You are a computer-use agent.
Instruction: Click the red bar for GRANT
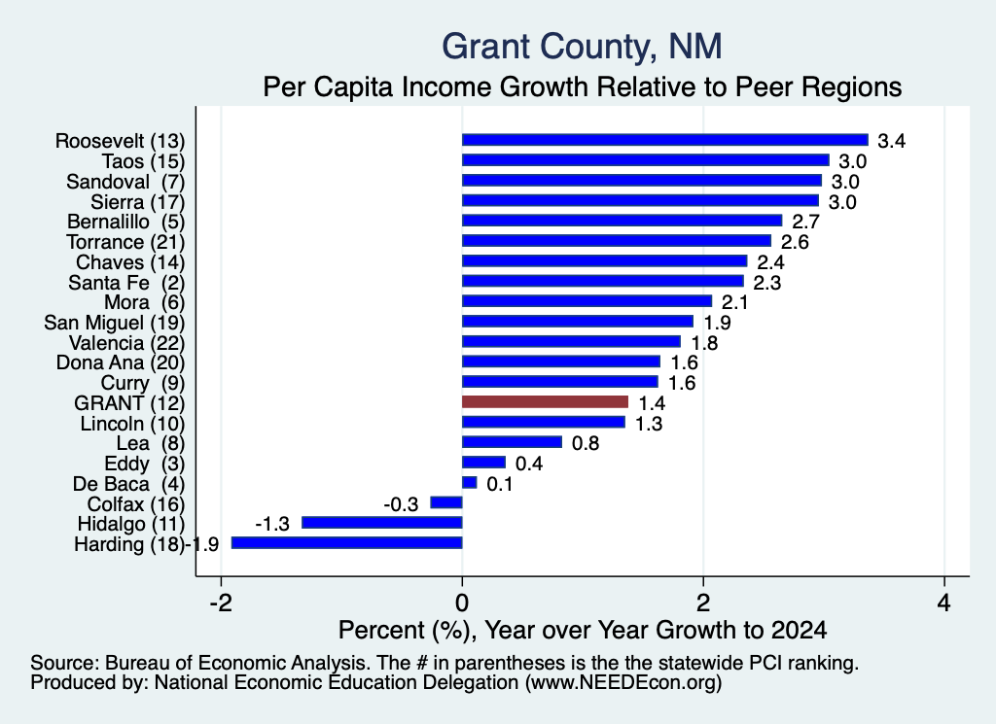click(x=545, y=401)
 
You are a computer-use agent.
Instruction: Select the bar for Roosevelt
click(x=665, y=140)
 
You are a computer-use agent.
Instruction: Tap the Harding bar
click(x=347, y=542)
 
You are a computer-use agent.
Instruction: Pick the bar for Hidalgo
click(x=381, y=522)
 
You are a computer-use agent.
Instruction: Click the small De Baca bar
click(x=470, y=482)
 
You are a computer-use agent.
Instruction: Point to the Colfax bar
click(x=446, y=502)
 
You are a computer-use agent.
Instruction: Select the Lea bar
click(x=512, y=441)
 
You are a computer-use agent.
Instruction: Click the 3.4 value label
click(x=891, y=141)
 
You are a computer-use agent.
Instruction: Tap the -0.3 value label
click(x=401, y=504)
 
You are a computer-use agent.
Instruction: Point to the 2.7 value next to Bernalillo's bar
click(x=806, y=222)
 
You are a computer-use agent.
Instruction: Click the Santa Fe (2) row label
click(x=126, y=283)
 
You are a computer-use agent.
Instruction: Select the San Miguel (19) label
click(x=115, y=323)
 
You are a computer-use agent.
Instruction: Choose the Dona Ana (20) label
click(x=121, y=362)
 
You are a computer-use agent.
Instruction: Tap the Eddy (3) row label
click(x=145, y=464)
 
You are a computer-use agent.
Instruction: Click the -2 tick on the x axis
click(x=221, y=603)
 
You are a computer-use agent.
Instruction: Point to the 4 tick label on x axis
click(x=944, y=603)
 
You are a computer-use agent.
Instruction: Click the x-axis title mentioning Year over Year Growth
click(x=583, y=630)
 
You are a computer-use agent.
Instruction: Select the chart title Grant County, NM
click(x=582, y=47)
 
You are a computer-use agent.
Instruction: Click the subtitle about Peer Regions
click(x=583, y=86)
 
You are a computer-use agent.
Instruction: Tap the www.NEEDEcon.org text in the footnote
click(x=623, y=682)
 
